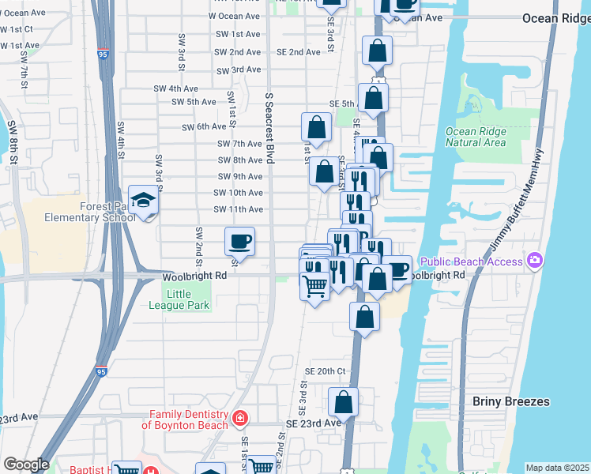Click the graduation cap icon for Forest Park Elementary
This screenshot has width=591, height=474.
pos(144,200)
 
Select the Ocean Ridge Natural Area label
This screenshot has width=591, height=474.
pos(475,137)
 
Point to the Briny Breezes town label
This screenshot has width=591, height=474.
pos(510,401)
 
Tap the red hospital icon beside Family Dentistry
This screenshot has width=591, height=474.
pos(239,417)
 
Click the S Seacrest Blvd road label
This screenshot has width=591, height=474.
pos(269,127)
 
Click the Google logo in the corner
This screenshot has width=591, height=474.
pos(25,465)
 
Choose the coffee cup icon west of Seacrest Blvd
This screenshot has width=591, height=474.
pos(239,240)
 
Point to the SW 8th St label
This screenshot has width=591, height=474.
pos(12,142)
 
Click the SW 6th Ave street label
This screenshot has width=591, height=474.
pos(204,126)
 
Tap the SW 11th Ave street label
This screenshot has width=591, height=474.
pos(238,209)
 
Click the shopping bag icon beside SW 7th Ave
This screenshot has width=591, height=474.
pos(316,127)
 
